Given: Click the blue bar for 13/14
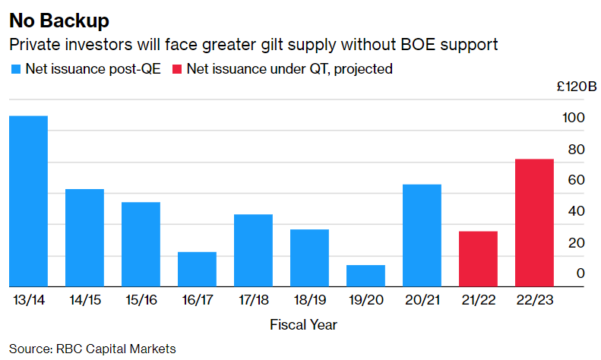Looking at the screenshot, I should tap(28, 201).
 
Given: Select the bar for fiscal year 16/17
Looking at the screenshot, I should tap(197, 269).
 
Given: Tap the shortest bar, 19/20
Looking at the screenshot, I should tap(365, 276).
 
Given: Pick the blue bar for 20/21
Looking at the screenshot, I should tap(422, 235).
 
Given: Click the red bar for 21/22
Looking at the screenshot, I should tap(478, 258).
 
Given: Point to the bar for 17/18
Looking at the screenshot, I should tap(253, 250).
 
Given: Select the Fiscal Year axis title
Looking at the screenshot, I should tap(303, 325).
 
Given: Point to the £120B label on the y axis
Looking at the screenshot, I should tap(567, 87).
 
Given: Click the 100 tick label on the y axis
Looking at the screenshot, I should tap(574, 118).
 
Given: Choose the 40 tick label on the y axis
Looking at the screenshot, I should tap(577, 211).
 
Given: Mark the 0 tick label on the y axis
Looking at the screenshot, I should tap(580, 273).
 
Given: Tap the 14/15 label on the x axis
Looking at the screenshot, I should tap(84, 299).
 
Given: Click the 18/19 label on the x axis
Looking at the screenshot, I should tap(309, 299).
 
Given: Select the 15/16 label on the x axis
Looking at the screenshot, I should tap(141, 299).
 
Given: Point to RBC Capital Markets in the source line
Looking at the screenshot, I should tap(116, 349).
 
